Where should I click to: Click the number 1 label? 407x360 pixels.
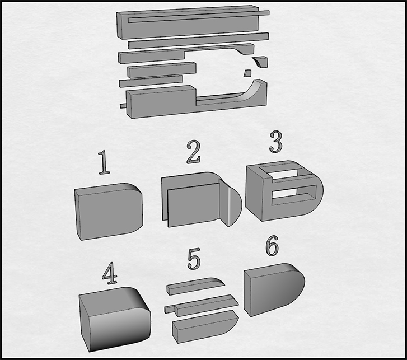[x=104, y=162]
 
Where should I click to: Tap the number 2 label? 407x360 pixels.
[x=193, y=152]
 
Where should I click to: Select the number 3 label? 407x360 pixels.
[x=275, y=142]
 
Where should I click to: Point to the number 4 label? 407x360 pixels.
[x=110, y=273]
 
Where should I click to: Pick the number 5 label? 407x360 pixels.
[x=194, y=259]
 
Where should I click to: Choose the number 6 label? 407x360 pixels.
[x=272, y=246]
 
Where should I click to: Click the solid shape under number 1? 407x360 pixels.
[x=109, y=211]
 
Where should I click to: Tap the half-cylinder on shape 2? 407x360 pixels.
[x=231, y=203]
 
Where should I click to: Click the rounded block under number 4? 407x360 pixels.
[x=115, y=319]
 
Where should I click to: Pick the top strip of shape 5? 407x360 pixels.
[x=196, y=286]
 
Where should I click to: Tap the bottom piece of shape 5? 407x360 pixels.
[x=205, y=326]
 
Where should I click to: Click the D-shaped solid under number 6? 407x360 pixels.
[x=274, y=289]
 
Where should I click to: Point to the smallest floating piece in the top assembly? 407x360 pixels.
[x=247, y=73]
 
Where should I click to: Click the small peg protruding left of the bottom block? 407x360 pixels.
[x=123, y=106]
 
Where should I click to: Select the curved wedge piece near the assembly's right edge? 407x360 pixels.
[x=260, y=62]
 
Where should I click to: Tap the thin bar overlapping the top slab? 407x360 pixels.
[x=199, y=16]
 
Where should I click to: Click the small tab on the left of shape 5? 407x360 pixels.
[x=170, y=308]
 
